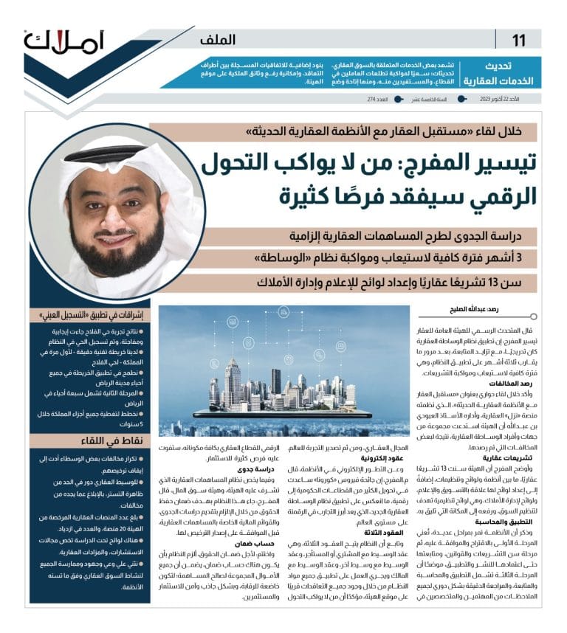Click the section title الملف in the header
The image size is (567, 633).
tap(218, 40)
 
